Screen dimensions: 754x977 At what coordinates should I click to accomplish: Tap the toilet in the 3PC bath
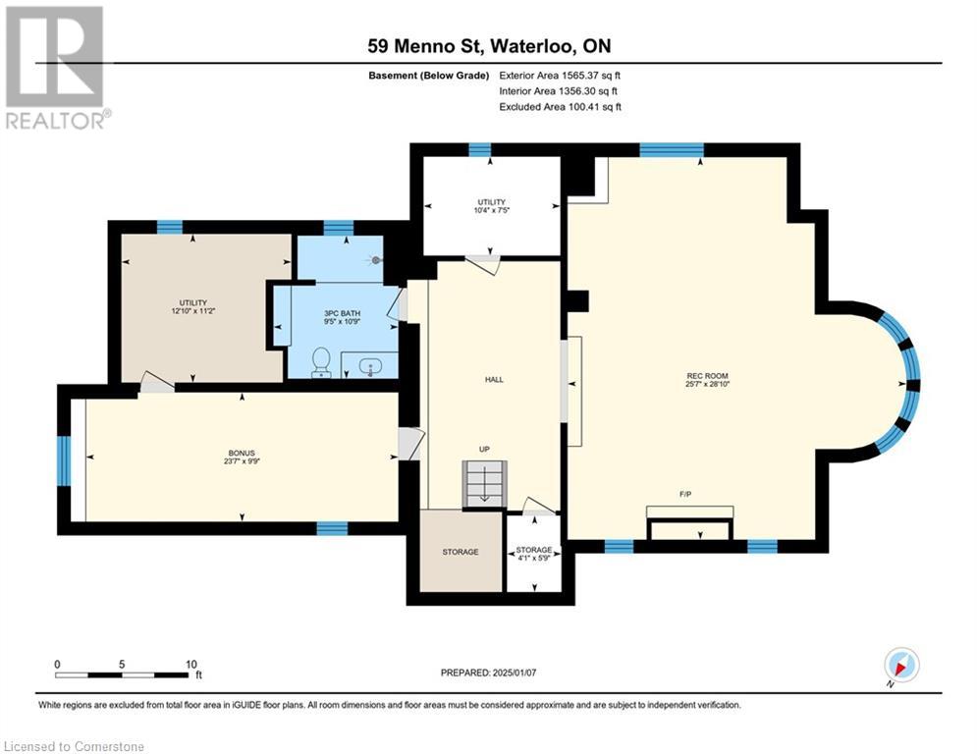coord(320,362)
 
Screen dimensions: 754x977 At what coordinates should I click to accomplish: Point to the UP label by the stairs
coord(484,449)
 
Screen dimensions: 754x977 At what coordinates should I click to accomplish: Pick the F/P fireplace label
coord(684,494)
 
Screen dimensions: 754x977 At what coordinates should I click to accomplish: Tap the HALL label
coord(494,379)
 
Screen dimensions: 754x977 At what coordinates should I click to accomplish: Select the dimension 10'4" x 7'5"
coord(491,210)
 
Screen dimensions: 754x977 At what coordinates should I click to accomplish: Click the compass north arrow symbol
coord(900,665)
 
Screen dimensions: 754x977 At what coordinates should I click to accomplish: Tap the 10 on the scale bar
coord(190,664)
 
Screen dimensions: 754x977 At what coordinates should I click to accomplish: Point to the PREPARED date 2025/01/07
coord(487,673)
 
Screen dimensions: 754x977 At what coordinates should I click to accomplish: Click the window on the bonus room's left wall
coord(65,460)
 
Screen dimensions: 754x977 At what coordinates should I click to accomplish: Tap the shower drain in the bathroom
coord(377,260)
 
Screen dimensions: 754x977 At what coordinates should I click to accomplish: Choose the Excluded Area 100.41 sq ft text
coord(561,106)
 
